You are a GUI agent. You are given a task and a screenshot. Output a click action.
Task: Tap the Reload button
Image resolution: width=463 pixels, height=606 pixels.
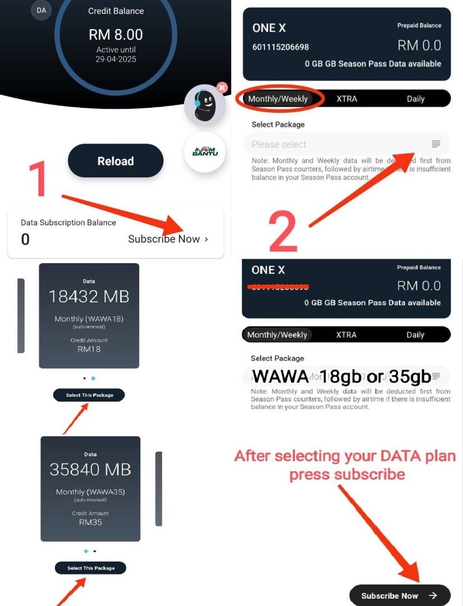[116, 161]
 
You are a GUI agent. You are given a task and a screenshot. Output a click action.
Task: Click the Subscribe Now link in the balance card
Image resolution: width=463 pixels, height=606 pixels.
[168, 239]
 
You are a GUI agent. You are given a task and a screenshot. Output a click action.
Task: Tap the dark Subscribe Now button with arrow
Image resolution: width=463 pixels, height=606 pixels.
[400, 595]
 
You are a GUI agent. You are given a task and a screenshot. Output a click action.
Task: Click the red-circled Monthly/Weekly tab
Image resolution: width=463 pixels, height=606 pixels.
[278, 99]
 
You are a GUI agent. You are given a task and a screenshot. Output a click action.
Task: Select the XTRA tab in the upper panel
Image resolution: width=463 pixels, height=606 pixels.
[347, 99]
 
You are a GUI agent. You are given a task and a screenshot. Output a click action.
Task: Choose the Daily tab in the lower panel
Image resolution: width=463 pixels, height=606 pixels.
[415, 335]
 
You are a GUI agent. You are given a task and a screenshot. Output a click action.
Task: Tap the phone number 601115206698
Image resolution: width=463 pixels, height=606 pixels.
[281, 47]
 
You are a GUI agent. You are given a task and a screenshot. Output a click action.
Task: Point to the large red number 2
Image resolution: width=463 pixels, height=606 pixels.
[283, 231]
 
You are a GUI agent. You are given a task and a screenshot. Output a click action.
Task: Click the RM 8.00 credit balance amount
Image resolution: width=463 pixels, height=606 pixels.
[116, 35]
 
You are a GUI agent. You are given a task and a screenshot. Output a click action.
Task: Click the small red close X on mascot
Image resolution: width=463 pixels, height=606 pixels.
[222, 88]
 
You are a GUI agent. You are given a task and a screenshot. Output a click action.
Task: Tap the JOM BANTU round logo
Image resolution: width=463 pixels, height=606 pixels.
[205, 151]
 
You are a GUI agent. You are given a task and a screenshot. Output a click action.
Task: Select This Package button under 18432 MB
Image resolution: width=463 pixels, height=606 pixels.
[89, 395]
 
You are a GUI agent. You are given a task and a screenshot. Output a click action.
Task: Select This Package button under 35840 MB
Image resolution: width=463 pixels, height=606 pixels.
[90, 568]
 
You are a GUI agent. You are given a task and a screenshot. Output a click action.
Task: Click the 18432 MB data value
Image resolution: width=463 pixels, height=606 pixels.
[89, 296]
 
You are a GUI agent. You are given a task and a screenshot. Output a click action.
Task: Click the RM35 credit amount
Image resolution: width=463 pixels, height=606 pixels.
[90, 522]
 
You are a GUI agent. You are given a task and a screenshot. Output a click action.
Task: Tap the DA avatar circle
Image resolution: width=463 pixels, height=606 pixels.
[42, 10]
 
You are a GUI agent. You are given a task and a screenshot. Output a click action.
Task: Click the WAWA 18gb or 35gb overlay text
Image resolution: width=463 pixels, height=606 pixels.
[341, 376]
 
